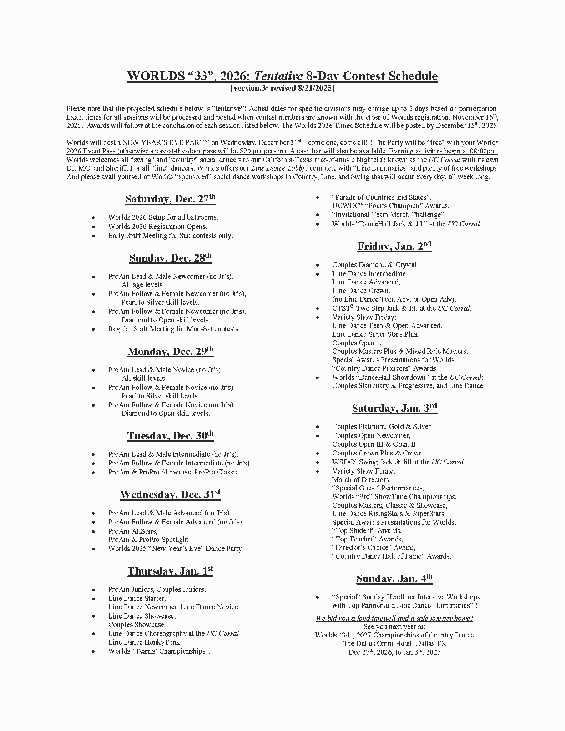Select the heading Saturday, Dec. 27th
pyautogui.click(x=170, y=199)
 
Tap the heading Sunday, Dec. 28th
pyautogui.click(x=170, y=258)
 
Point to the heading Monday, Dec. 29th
pyautogui.click(x=170, y=352)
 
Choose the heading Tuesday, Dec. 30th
pyautogui.click(x=170, y=436)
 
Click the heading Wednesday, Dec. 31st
pyautogui.click(x=170, y=494)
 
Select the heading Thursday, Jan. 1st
pyautogui.click(x=170, y=571)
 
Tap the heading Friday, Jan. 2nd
pyautogui.click(x=394, y=246)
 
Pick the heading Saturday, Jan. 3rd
pyautogui.click(x=394, y=408)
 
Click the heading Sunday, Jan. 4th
pyautogui.click(x=394, y=579)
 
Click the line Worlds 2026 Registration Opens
pyautogui.click(x=157, y=226)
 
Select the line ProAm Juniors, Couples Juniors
pyautogui.click(x=157, y=589)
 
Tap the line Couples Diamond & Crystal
pyautogui.click(x=375, y=265)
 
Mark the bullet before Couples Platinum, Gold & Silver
pyautogui.click(x=318, y=427)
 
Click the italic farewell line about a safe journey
pyautogui.click(x=394, y=618)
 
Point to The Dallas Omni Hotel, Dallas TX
pyautogui.click(x=394, y=644)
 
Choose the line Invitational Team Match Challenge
pyautogui.click(x=389, y=215)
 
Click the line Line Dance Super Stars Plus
pyautogui.click(x=375, y=334)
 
